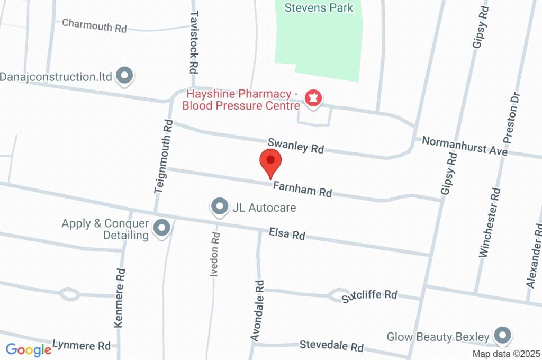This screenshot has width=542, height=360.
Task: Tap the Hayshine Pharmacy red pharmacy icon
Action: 314,98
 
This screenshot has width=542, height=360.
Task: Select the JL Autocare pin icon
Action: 219,206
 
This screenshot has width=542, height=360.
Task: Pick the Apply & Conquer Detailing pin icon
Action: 162,229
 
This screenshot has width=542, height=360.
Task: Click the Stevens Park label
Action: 319,7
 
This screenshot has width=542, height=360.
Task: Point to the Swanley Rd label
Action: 295,146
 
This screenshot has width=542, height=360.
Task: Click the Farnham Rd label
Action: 302,189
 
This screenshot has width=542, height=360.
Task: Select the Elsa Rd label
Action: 287,233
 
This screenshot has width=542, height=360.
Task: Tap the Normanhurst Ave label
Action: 465,146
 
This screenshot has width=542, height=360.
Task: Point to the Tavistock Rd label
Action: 193,42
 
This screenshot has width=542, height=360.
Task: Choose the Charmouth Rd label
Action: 94,25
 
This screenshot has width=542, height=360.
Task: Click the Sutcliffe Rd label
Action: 369,295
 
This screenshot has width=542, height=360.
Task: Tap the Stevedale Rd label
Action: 331,346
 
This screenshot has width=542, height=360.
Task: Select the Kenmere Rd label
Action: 120,298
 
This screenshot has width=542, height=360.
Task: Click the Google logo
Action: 28,349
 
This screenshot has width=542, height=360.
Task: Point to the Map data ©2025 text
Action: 506,354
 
